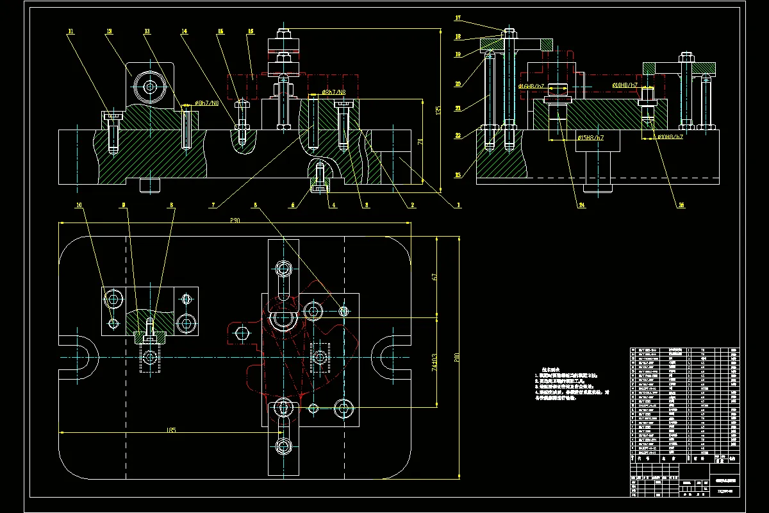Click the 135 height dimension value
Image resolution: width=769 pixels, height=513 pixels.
click(x=438, y=110)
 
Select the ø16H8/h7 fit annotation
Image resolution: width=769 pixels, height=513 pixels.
click(x=532, y=85)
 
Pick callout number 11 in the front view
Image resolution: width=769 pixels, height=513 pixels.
click(x=70, y=30)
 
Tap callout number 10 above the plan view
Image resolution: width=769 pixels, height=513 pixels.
click(x=79, y=205)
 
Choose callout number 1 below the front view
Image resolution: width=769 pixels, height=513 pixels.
click(x=458, y=205)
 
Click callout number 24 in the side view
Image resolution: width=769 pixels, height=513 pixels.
click(x=582, y=205)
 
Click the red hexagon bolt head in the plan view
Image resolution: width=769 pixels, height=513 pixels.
click(x=242, y=333)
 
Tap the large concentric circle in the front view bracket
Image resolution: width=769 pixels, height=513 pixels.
click(x=150, y=86)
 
